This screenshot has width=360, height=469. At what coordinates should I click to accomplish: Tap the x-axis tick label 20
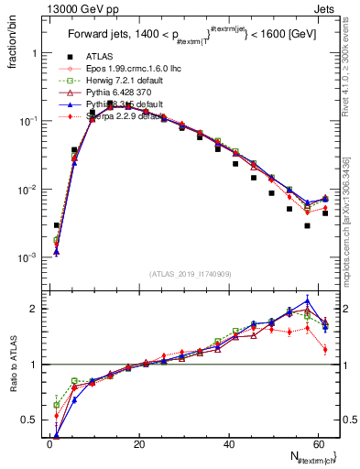tap(138, 444)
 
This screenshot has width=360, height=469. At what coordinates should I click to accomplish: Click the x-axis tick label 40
tap(227, 444)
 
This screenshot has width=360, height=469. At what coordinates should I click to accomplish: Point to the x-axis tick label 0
tap(49, 444)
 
